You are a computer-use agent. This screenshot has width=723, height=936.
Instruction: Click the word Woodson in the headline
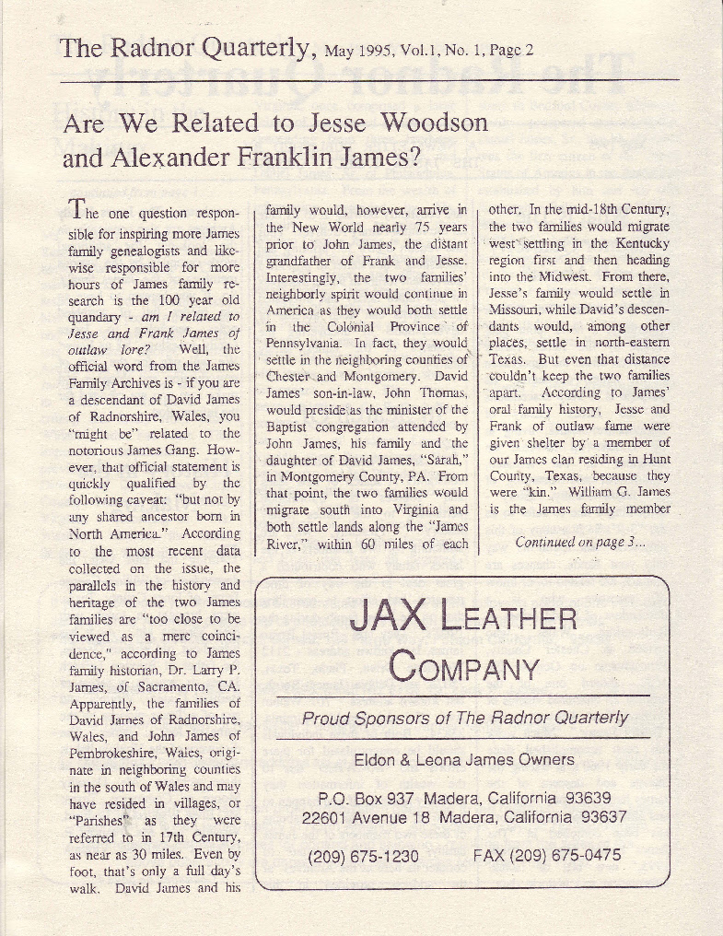coord(435,123)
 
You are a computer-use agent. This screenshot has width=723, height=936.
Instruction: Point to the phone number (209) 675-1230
coord(363,857)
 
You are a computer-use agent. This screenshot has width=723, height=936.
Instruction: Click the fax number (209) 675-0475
coord(547,856)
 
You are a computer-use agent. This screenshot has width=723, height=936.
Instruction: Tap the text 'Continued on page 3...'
coord(580,542)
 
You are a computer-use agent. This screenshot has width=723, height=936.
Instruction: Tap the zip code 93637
coord(598,817)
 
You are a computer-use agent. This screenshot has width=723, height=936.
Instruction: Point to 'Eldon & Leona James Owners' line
coord(464,760)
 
